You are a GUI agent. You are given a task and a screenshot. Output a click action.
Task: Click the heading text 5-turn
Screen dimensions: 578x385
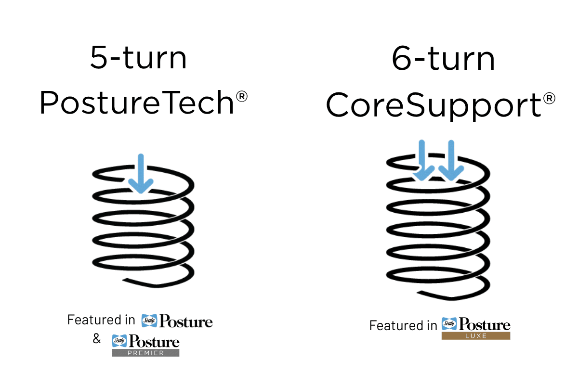138,57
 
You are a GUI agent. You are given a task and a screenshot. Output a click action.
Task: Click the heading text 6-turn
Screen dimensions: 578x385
443,58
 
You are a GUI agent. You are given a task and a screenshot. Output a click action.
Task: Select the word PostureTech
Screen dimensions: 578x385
137,103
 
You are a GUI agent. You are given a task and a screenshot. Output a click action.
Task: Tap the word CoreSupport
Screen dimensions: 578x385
433,105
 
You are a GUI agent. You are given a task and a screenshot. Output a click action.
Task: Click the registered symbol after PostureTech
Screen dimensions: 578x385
242,96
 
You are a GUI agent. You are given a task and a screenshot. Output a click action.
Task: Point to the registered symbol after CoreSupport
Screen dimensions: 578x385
549,99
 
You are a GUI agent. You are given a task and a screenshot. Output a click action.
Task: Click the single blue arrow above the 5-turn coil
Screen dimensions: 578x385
141,174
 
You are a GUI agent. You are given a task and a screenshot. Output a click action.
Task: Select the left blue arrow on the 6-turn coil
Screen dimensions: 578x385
422,160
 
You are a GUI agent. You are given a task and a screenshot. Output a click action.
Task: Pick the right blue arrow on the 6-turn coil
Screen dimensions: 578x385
451,160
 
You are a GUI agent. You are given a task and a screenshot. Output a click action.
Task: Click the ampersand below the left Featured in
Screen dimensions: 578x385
97,338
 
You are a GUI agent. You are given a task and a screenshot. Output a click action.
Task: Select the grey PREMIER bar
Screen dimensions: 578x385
145,353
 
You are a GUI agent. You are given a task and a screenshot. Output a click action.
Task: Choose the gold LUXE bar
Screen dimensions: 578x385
476,336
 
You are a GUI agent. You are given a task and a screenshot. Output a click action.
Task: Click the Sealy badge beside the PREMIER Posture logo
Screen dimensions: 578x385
119,341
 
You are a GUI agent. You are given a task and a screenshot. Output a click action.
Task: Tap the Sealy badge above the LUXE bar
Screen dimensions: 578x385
449,323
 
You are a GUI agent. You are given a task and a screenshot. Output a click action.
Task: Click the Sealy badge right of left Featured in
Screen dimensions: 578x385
149,321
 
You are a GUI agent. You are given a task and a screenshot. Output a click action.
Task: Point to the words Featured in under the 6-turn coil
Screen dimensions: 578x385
403,325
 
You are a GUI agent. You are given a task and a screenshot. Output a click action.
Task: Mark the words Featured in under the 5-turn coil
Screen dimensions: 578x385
101,320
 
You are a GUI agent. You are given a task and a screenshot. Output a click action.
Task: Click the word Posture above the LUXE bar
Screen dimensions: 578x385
485,324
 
